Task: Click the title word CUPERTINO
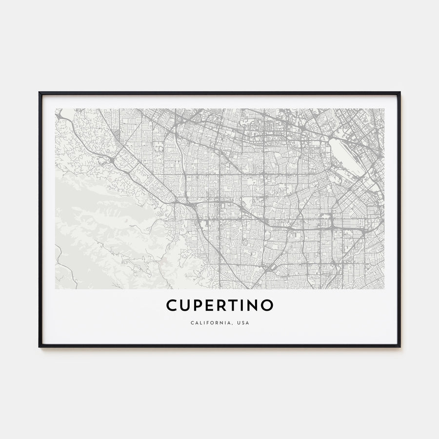point(219,305)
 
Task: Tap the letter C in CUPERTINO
point(171,305)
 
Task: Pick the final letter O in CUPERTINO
point(267,305)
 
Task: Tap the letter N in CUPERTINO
point(253,305)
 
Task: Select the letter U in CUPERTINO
point(184,305)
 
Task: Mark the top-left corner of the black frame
point(40,93)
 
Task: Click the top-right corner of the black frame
point(399,93)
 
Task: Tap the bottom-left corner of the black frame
point(40,346)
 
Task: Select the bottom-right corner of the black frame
point(399,346)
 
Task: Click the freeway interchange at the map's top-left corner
point(59,116)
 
